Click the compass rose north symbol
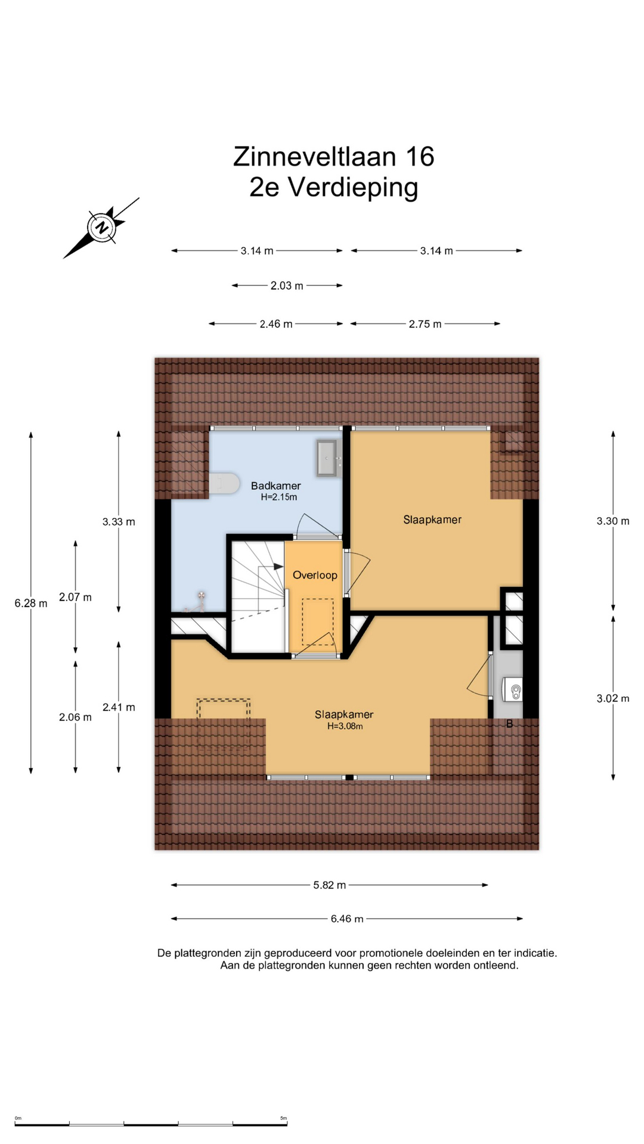click(101, 228)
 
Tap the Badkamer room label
click(275, 486)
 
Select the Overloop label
click(315, 575)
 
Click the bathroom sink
click(327, 458)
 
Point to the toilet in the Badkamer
click(224, 483)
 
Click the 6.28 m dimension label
click(31, 603)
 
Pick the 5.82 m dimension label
click(330, 885)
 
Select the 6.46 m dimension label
click(347, 919)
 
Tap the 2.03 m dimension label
click(287, 285)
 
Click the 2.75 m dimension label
click(425, 324)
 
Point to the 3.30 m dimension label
click(613, 521)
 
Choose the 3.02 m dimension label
click(613, 698)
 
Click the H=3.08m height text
click(345, 726)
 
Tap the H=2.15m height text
click(278, 497)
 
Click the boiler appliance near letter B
click(513, 691)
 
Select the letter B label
click(509, 724)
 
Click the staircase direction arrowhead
click(278, 567)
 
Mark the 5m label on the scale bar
click(283, 1118)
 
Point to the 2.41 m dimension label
click(119, 707)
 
